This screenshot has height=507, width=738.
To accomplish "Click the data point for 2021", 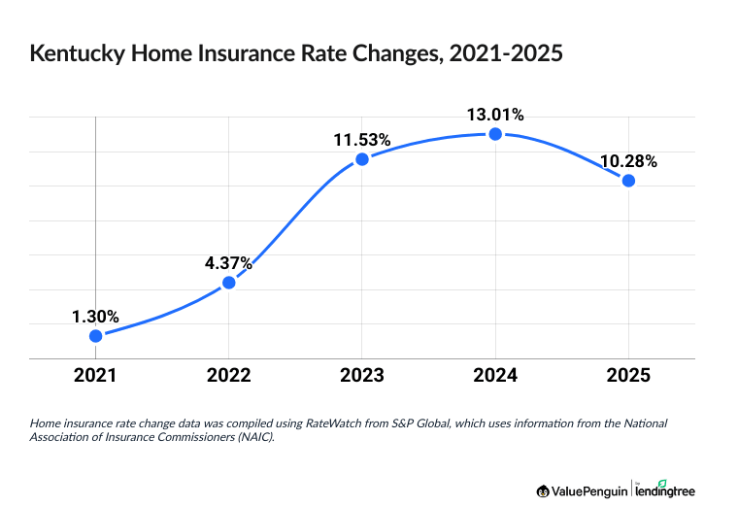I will tap(95, 335).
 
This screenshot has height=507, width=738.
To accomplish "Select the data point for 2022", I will tap(228, 283).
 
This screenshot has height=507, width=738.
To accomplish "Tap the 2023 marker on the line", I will tap(361, 159).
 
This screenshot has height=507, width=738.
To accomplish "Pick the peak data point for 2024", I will tap(495, 134).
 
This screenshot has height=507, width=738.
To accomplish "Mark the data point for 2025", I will tap(628, 181).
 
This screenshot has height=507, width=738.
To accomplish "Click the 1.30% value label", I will tap(95, 316).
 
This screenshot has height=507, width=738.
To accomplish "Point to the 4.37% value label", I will tap(228, 263).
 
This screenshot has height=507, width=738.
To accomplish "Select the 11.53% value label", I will tap(361, 140).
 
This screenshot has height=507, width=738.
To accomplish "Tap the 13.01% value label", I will tap(495, 115).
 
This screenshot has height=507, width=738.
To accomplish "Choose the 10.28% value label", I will tap(628, 161).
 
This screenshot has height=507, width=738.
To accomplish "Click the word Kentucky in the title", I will tap(77, 55).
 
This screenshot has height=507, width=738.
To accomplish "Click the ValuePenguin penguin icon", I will tap(542, 490).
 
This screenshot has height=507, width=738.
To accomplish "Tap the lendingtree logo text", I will tap(667, 490).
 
